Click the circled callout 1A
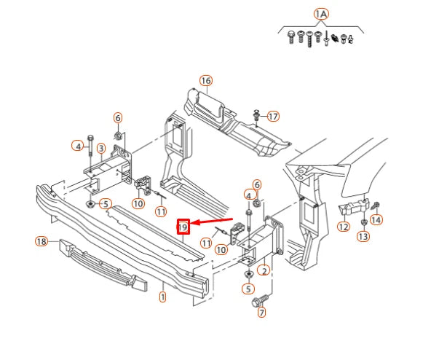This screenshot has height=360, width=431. point(321,14)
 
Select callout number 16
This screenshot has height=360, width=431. point(206,81)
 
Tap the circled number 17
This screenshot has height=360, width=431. point(273,116)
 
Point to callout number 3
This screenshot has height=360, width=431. point(101,149)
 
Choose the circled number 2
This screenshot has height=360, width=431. point(264,270)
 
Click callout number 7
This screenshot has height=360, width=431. point(261,312)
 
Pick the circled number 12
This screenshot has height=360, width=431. point(344,227)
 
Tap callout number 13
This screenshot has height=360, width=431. point(363,236)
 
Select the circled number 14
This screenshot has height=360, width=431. point(376,219)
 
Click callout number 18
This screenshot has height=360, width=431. point(41,242)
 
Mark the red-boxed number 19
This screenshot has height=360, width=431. point(183,227)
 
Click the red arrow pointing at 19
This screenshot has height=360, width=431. point(211,221)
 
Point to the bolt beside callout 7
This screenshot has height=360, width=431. point(259,300)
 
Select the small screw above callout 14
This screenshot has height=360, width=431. point(375,205)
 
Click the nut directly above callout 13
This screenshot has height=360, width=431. point(363,222)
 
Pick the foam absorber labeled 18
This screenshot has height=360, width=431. point(103,265)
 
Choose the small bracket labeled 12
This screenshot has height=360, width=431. point(353,206)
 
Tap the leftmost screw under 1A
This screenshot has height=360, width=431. point(290,37)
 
